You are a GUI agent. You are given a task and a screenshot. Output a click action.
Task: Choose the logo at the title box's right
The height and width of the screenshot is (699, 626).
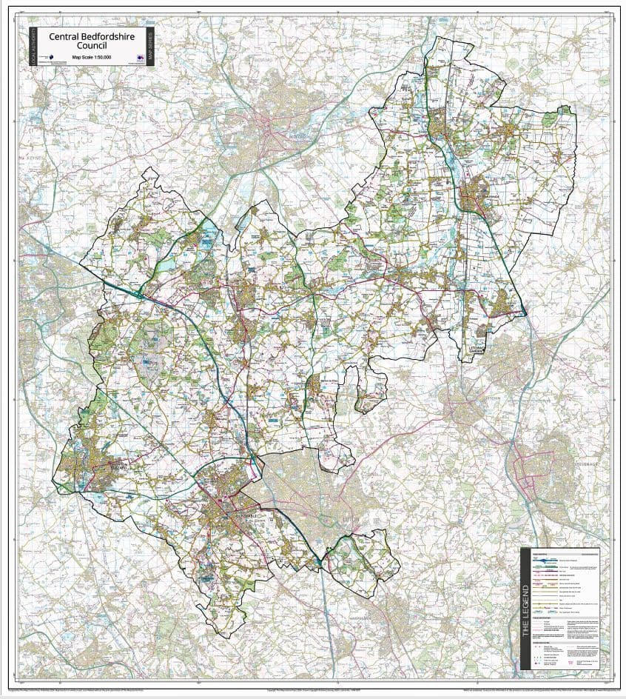tap(138, 58)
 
